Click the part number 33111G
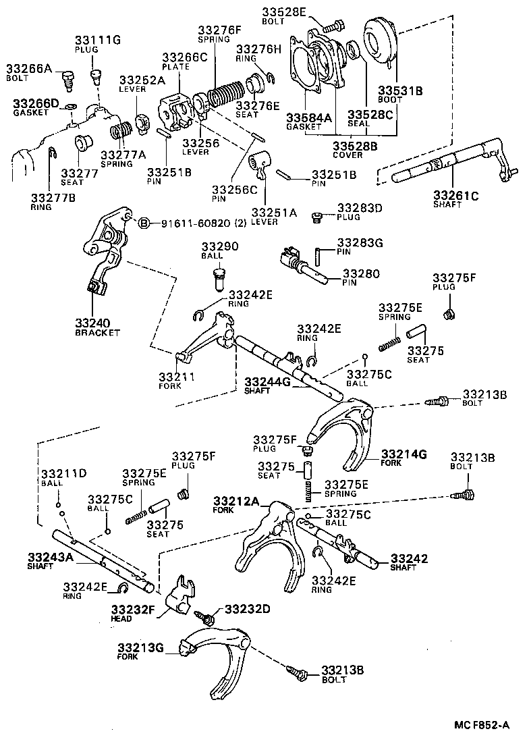click(97, 40)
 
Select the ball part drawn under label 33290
click(218, 277)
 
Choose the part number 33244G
click(267, 381)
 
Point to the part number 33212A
click(236, 501)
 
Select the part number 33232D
click(247, 609)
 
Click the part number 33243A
click(50, 557)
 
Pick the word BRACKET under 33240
click(97, 333)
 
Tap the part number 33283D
click(360, 208)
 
